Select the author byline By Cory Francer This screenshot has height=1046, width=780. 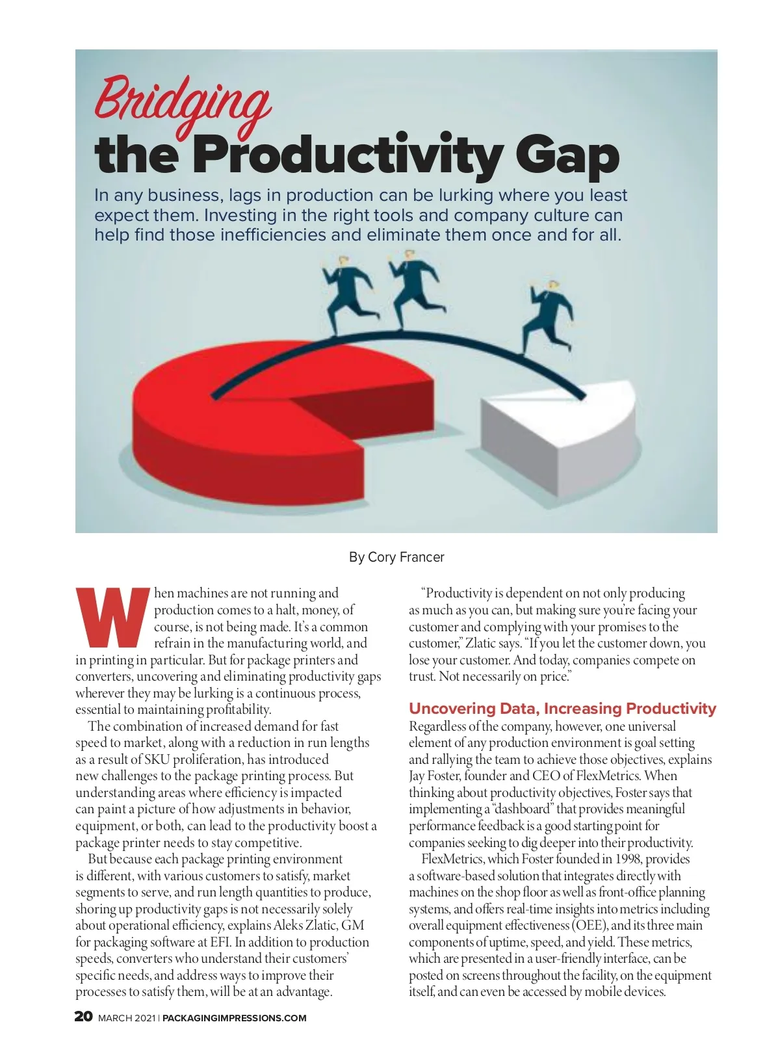(x=396, y=557)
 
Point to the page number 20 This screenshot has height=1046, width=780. (x=84, y=1017)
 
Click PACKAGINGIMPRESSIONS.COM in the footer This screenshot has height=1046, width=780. (x=235, y=1018)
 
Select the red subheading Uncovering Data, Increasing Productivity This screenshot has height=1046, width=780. (x=562, y=709)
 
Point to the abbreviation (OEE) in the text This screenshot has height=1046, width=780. (x=590, y=925)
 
